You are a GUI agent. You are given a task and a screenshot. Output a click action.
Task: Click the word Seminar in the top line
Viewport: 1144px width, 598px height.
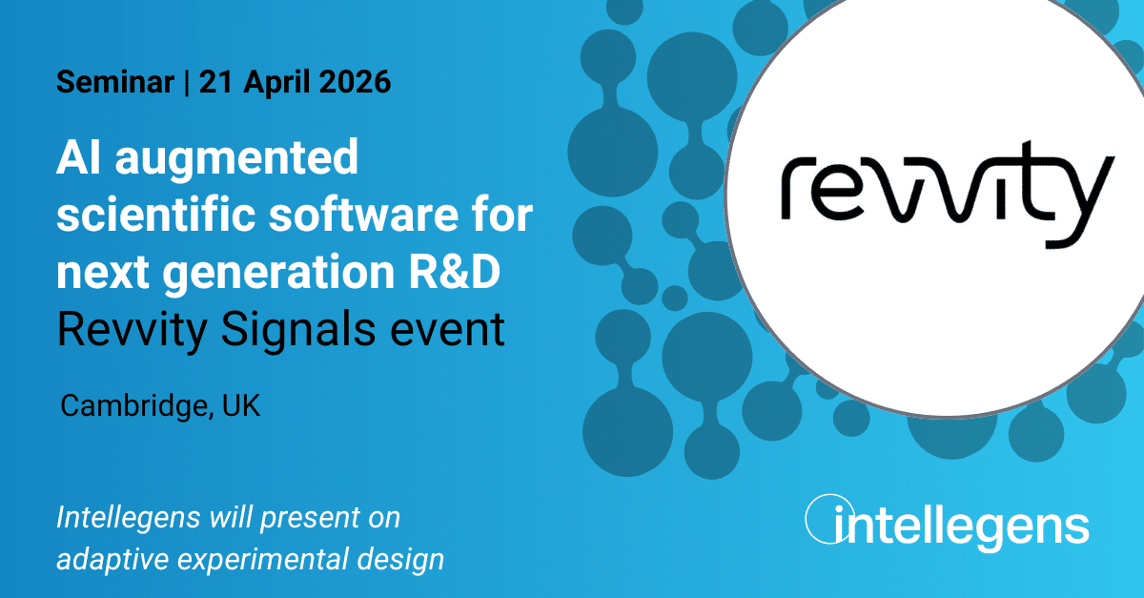[x=115, y=82]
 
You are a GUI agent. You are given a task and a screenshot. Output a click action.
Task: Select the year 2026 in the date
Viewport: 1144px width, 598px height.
[x=355, y=82]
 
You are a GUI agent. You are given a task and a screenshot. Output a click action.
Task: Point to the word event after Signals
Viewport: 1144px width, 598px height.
[x=447, y=331]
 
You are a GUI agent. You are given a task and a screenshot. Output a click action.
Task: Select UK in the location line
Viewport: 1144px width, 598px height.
[x=241, y=406]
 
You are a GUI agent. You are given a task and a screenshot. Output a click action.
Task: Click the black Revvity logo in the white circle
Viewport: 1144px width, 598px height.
[x=948, y=195]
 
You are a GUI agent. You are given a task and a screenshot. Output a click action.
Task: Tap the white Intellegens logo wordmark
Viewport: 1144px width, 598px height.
[x=947, y=523]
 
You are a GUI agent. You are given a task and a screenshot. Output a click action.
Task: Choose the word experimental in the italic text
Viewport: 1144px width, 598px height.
[x=261, y=560]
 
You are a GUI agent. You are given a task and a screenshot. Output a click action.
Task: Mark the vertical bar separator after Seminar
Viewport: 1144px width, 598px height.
[x=187, y=82]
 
